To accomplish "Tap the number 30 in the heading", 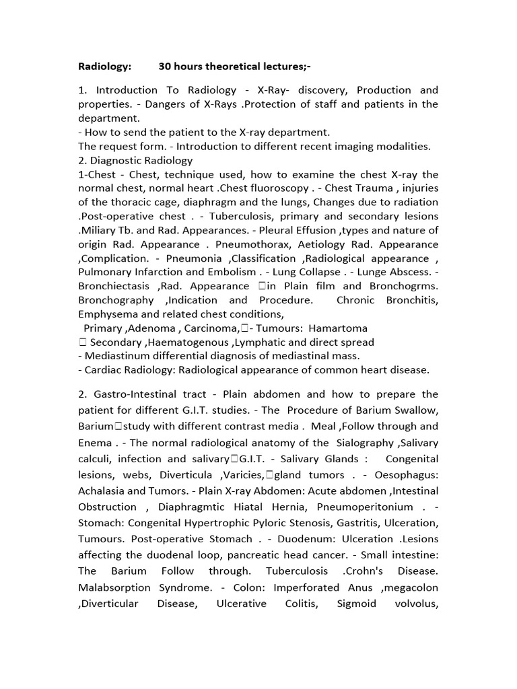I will tap(165, 66).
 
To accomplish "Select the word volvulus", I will tap(411, 603).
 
